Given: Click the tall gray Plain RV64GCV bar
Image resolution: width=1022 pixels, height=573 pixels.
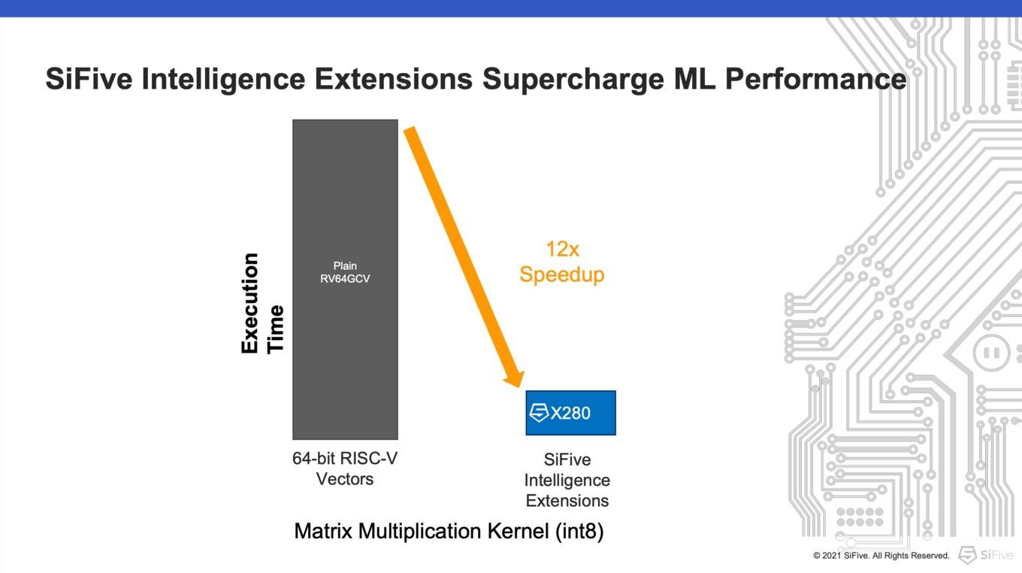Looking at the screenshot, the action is (345, 280).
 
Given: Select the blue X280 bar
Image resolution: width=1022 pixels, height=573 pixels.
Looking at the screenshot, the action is (571, 413).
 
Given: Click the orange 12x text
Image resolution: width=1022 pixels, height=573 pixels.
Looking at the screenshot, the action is (563, 250).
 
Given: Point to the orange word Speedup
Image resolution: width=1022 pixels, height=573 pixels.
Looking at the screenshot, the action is (561, 275).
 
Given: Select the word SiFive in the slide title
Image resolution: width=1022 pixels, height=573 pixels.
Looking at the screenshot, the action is (89, 78).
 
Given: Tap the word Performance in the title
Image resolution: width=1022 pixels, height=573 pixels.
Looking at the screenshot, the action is (815, 78).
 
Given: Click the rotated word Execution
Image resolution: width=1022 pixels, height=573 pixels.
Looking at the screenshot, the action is (249, 303).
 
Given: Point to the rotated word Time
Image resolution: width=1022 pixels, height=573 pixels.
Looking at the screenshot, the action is (276, 329).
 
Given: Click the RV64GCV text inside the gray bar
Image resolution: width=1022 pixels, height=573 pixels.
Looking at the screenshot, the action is (345, 278).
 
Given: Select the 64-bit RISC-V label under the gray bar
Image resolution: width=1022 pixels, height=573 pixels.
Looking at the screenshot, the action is (345, 458).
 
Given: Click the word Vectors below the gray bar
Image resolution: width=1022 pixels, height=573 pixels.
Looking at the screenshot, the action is (345, 479).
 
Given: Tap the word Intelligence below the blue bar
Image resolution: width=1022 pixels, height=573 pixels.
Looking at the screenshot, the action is (567, 481).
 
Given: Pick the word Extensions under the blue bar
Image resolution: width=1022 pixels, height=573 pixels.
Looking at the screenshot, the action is (567, 501).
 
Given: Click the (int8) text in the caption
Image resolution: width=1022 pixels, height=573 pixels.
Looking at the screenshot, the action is (579, 531).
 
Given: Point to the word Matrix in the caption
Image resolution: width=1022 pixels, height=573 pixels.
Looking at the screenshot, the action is (323, 531).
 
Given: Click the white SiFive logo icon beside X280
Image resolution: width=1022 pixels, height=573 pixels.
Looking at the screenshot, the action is (539, 413).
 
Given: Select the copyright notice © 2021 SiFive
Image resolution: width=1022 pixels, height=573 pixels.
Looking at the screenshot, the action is (881, 556).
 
